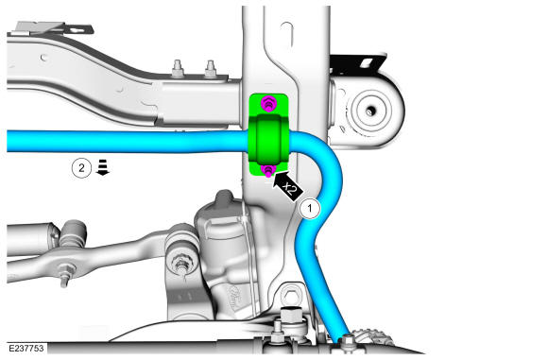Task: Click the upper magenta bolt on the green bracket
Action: click(268, 103)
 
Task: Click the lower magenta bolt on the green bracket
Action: click(268, 171)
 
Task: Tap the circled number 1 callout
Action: click(310, 209)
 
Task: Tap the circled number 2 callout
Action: click(81, 168)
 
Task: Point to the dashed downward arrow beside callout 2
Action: click(103, 167)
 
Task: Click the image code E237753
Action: click(26, 348)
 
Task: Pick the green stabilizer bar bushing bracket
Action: click(268, 135)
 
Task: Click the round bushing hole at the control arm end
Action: click(370, 111)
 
